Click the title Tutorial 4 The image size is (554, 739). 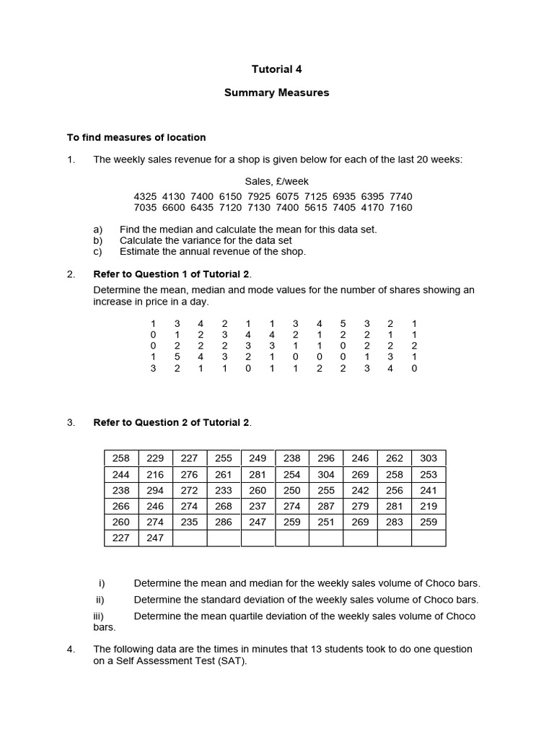(276, 69)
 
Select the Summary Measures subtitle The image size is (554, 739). (276, 92)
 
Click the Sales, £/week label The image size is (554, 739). (276, 181)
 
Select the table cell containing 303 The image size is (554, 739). (428, 458)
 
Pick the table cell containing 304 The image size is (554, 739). (326, 474)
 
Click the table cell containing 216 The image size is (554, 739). (155, 474)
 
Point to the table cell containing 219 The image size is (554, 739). (428, 506)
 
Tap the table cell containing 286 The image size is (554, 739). (224, 522)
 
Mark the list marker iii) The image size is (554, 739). (99, 616)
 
